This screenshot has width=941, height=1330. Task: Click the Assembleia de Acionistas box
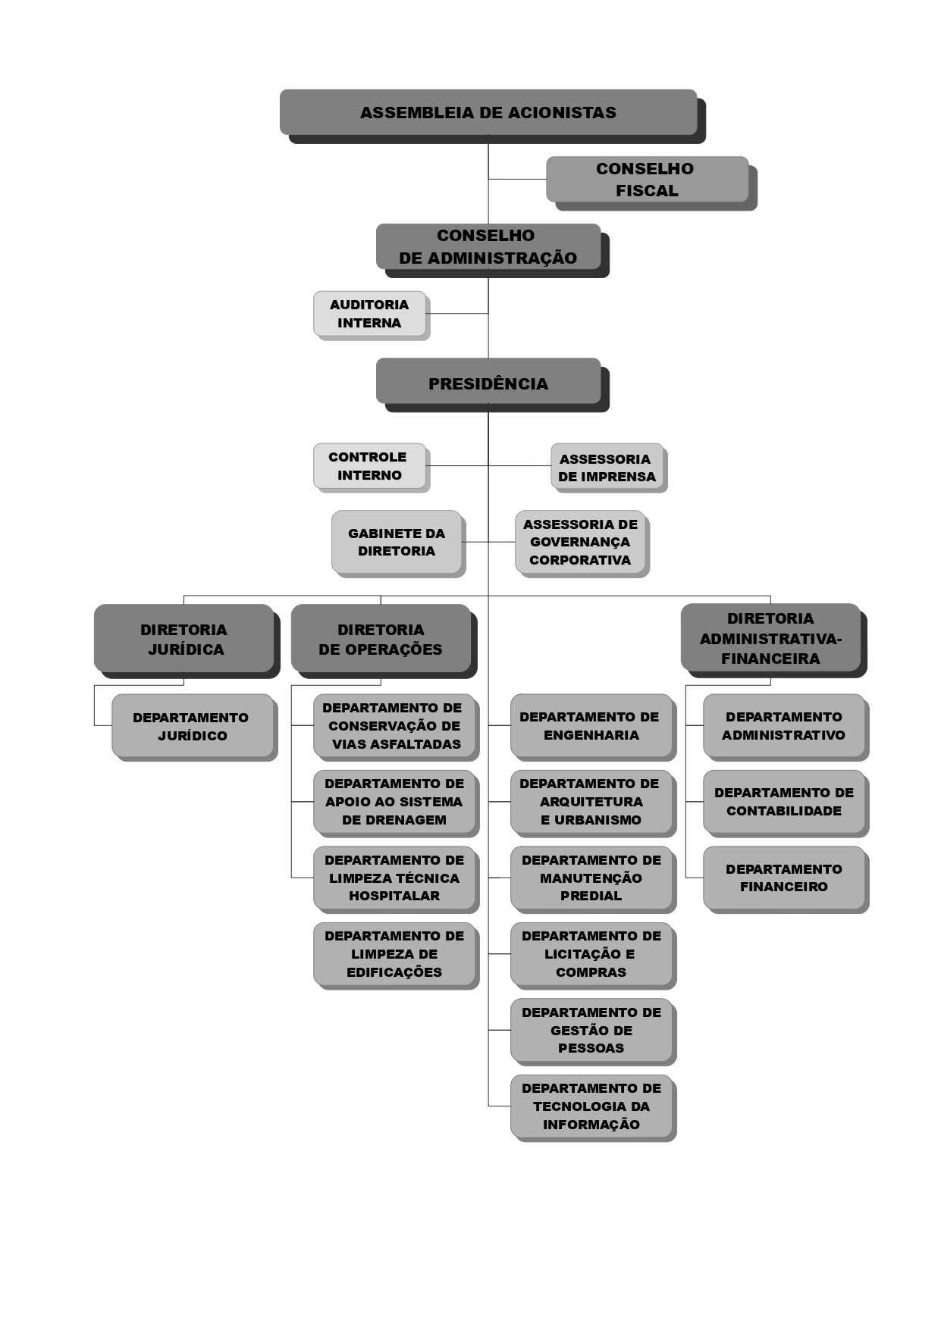488,112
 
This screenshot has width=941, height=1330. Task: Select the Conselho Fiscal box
647,180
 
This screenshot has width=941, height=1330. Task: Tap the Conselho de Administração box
488,246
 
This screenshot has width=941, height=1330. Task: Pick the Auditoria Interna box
369,313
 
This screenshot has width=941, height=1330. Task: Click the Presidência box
488,383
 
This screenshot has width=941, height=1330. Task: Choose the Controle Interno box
369,466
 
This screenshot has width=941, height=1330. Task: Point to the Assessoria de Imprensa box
607,468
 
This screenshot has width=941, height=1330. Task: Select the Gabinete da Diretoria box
397,542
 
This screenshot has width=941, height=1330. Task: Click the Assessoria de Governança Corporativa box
580,542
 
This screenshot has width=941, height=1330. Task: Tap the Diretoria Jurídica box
183,639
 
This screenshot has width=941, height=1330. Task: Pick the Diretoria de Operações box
381,639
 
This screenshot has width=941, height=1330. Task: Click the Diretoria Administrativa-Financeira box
770,638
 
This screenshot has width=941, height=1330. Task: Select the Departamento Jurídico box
192,726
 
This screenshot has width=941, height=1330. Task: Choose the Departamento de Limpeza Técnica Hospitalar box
394,878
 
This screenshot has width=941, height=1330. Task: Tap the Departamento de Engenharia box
591,725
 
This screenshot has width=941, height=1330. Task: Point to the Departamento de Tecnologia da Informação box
591,1106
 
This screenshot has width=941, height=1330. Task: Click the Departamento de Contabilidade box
784,802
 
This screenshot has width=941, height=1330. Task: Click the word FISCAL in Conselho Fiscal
647,191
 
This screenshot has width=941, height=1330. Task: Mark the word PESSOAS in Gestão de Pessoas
591,1048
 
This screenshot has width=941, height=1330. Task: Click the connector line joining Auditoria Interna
457,313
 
